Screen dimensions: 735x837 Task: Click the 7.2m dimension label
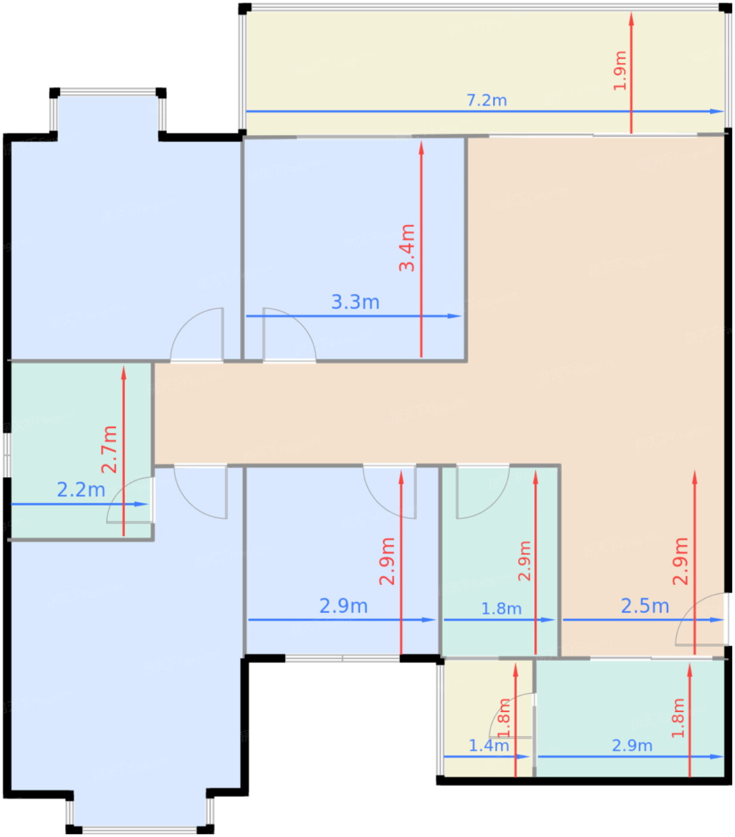(486, 100)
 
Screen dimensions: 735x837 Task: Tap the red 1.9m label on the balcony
(620, 71)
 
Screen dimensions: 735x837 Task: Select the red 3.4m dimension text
(407, 248)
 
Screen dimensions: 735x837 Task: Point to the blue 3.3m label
(355, 302)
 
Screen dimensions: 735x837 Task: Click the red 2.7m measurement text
(109, 450)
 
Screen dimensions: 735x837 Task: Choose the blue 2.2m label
(81, 490)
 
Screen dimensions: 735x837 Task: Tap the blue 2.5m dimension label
(645, 606)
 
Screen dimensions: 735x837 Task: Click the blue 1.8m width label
(501, 609)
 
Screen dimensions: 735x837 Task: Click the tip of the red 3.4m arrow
(421, 141)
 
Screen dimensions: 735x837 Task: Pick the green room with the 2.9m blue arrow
(630, 718)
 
